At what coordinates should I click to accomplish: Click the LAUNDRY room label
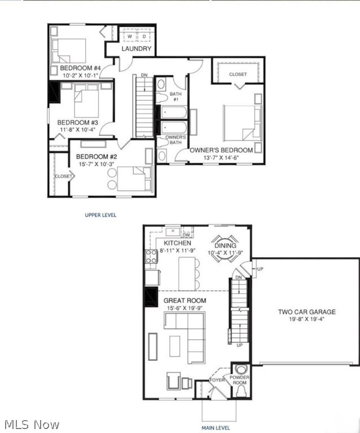coord(137,49)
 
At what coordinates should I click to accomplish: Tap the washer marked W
coord(129,37)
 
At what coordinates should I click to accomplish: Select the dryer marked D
coord(143,37)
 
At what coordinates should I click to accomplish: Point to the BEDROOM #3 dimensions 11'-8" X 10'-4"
coord(78,130)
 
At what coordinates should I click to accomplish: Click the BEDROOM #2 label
coord(96,156)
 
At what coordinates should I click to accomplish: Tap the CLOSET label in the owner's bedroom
coord(238,74)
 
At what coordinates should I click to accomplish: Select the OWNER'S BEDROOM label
coord(221,150)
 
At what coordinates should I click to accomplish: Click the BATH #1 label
coord(174,96)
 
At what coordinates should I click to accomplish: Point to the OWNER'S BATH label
coord(175,140)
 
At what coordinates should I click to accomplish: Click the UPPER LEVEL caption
coord(100,215)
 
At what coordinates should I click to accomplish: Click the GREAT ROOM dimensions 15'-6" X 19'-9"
coord(185,308)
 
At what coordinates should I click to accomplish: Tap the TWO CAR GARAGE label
coord(306,312)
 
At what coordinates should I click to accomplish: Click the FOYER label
coord(217,380)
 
